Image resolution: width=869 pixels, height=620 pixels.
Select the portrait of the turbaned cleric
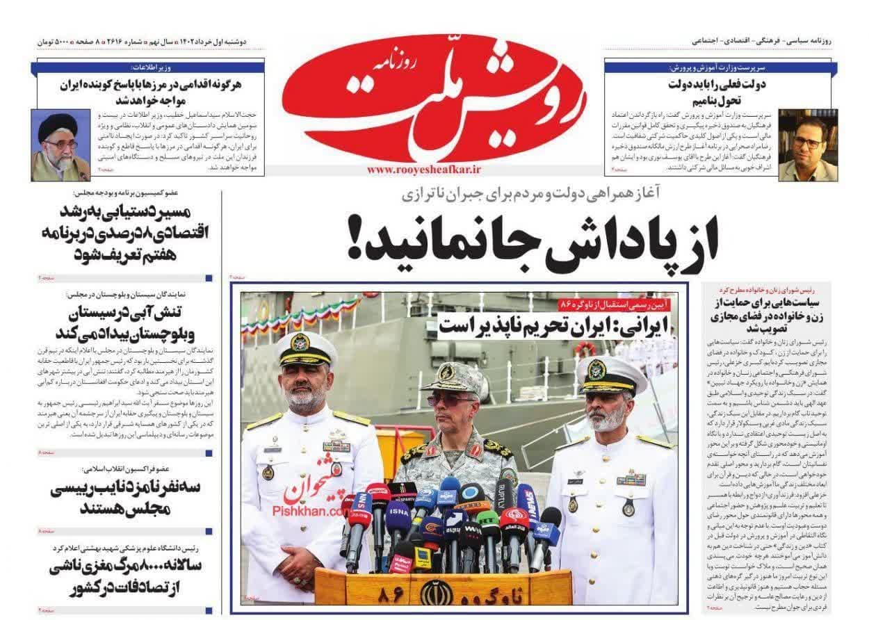click(x=60, y=145)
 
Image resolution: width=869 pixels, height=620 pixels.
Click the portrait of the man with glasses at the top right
click(x=807, y=145)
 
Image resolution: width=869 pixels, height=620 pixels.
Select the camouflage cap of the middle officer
click(x=454, y=379)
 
